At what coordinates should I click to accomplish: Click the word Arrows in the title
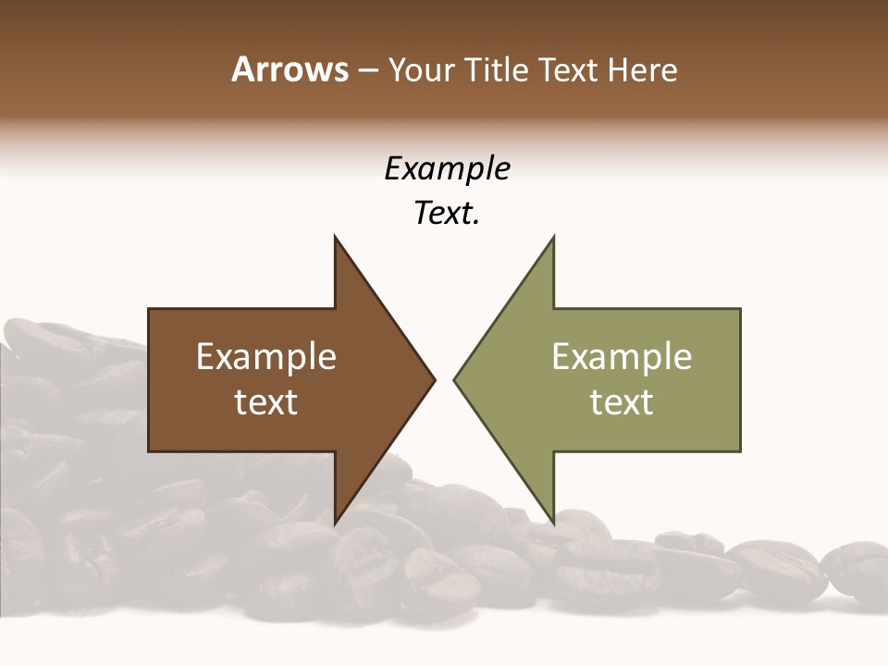tap(290, 69)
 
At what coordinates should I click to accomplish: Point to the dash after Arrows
tap(367, 70)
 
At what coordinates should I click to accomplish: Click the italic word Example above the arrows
tap(447, 169)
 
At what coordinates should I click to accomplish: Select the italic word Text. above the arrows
tap(447, 214)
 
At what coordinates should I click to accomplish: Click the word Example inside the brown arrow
tap(265, 357)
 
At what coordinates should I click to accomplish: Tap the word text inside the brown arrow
tap(265, 402)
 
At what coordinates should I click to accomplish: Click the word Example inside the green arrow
tap(622, 357)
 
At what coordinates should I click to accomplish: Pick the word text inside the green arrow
tap(622, 402)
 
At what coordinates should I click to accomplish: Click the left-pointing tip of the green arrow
tap(456, 378)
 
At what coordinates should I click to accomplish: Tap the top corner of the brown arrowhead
tap(335, 238)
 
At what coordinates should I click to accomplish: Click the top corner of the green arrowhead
tap(553, 238)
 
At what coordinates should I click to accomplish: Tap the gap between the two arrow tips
tap(444, 378)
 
